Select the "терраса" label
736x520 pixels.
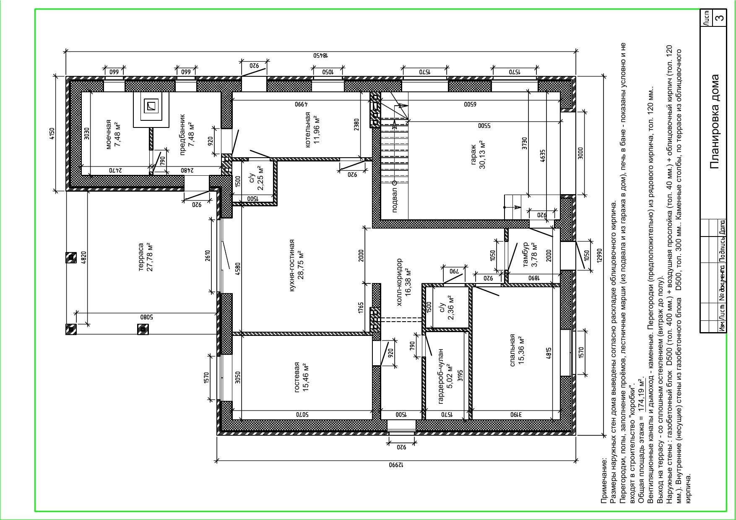point(141,257)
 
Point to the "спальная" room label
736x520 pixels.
point(512,350)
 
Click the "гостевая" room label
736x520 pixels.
point(297,377)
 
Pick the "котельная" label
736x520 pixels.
point(308,129)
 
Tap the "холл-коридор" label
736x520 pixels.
point(399,282)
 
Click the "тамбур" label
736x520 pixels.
point(525,255)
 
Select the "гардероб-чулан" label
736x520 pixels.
point(441,376)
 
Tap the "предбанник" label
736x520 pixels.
point(182,134)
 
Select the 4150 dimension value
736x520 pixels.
point(52,133)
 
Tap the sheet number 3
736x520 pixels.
point(719,18)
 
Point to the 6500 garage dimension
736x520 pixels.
point(470,104)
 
